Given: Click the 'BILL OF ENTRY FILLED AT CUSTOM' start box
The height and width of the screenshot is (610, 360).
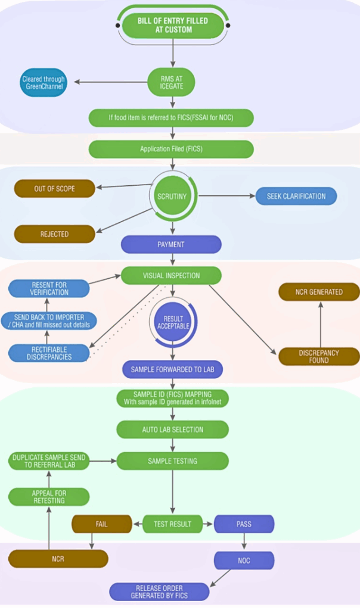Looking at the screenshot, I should point(173,25).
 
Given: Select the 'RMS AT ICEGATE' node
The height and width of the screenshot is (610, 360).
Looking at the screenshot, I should point(172,82).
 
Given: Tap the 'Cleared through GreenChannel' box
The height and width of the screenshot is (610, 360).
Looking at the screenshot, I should point(44,83).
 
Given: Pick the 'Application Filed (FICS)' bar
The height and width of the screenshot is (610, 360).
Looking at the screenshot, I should point(171,149).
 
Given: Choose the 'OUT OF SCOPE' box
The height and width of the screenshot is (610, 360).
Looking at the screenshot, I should point(54,189).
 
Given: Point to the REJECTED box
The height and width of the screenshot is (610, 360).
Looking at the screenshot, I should point(54,234).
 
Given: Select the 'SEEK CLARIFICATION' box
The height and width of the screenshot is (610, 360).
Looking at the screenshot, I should point(296,196).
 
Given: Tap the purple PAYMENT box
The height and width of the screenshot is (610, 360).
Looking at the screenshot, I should point(171,244).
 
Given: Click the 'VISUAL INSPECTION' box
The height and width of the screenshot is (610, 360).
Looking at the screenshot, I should point(172,276).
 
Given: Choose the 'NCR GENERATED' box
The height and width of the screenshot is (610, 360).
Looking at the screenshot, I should point(319,292).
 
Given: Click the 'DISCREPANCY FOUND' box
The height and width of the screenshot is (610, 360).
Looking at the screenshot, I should point(319,356).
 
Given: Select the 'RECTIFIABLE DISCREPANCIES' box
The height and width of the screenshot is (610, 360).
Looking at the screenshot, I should point(49,353).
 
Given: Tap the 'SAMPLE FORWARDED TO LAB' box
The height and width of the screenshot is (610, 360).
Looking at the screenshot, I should point(172,369).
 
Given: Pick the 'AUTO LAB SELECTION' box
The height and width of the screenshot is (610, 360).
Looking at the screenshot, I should point(172,429).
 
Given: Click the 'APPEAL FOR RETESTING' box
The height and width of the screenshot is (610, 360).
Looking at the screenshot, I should point(49,497).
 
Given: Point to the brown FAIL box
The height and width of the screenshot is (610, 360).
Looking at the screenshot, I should point(101,524).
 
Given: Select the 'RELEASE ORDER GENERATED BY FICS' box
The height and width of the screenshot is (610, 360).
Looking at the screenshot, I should point(160,592).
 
